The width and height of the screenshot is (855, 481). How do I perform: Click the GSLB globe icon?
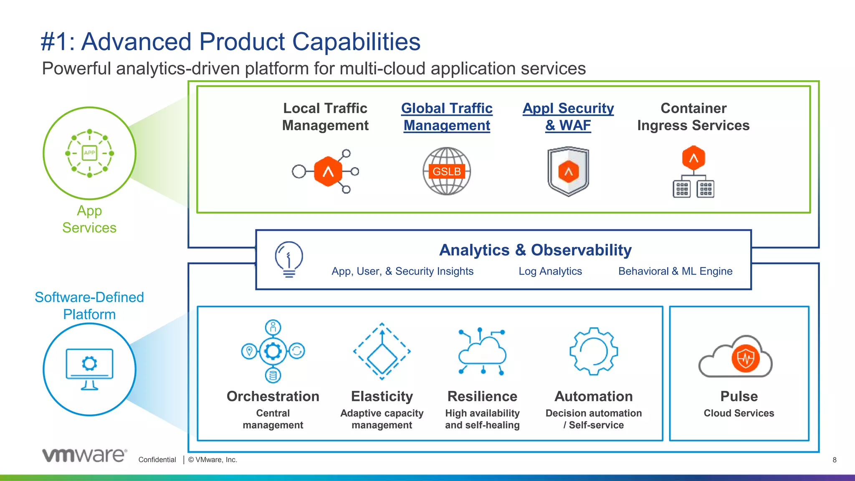(447, 171)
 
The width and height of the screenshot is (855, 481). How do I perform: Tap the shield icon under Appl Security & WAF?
(568, 171)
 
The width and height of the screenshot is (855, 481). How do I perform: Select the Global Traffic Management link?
(447, 117)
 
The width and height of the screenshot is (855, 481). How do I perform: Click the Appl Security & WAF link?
(568, 117)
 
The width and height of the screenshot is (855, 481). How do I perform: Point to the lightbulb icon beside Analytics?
(289, 259)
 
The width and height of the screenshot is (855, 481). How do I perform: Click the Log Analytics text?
(550, 271)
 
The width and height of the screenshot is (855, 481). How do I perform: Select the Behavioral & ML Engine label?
(675, 271)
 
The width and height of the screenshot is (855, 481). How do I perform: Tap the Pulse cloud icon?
(736, 357)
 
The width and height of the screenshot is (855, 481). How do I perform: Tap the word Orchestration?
(273, 396)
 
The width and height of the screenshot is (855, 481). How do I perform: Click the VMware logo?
(84, 455)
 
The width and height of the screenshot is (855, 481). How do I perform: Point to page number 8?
(834, 460)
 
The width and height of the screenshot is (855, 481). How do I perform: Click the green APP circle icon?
(89, 153)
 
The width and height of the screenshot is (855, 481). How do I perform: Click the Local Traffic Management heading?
(325, 117)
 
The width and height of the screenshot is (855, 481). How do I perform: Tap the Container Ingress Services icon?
(693, 172)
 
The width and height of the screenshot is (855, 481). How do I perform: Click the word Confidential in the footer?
(157, 460)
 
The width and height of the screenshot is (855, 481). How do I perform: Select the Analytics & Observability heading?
(535, 250)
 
